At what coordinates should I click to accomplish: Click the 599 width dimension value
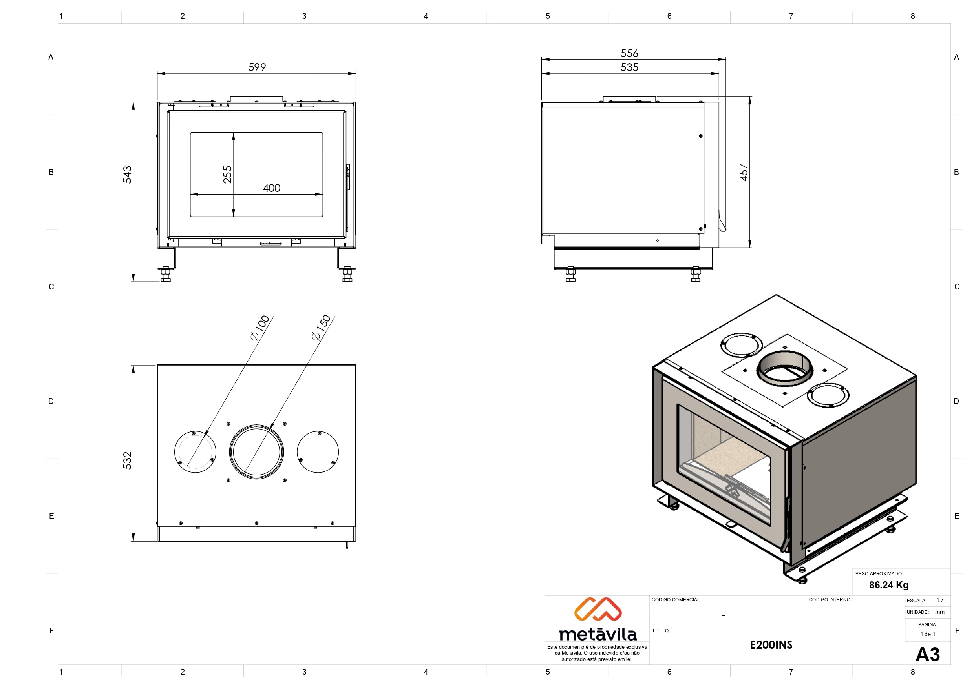[x=257, y=67]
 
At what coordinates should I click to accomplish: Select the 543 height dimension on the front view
[x=127, y=175]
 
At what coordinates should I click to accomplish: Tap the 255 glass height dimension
[x=227, y=175]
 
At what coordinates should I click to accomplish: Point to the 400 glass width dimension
[x=272, y=188]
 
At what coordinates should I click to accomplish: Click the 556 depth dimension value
[x=629, y=53]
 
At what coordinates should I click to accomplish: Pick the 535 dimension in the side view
[x=629, y=67]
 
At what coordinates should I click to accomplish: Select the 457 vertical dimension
[x=744, y=172]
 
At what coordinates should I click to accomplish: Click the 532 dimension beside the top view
[x=127, y=460]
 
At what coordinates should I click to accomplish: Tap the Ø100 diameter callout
[x=260, y=328]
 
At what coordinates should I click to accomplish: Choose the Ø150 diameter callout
[x=321, y=328]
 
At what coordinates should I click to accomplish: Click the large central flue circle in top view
[x=256, y=451]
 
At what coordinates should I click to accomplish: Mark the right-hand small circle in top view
[x=318, y=452]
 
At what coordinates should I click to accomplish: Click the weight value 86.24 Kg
[x=889, y=585]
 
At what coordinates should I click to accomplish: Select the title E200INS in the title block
[x=771, y=645]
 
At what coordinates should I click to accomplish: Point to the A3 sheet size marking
[x=927, y=655]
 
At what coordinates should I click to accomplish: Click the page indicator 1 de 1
[x=928, y=634]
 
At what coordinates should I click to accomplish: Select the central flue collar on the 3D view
[x=784, y=369]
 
